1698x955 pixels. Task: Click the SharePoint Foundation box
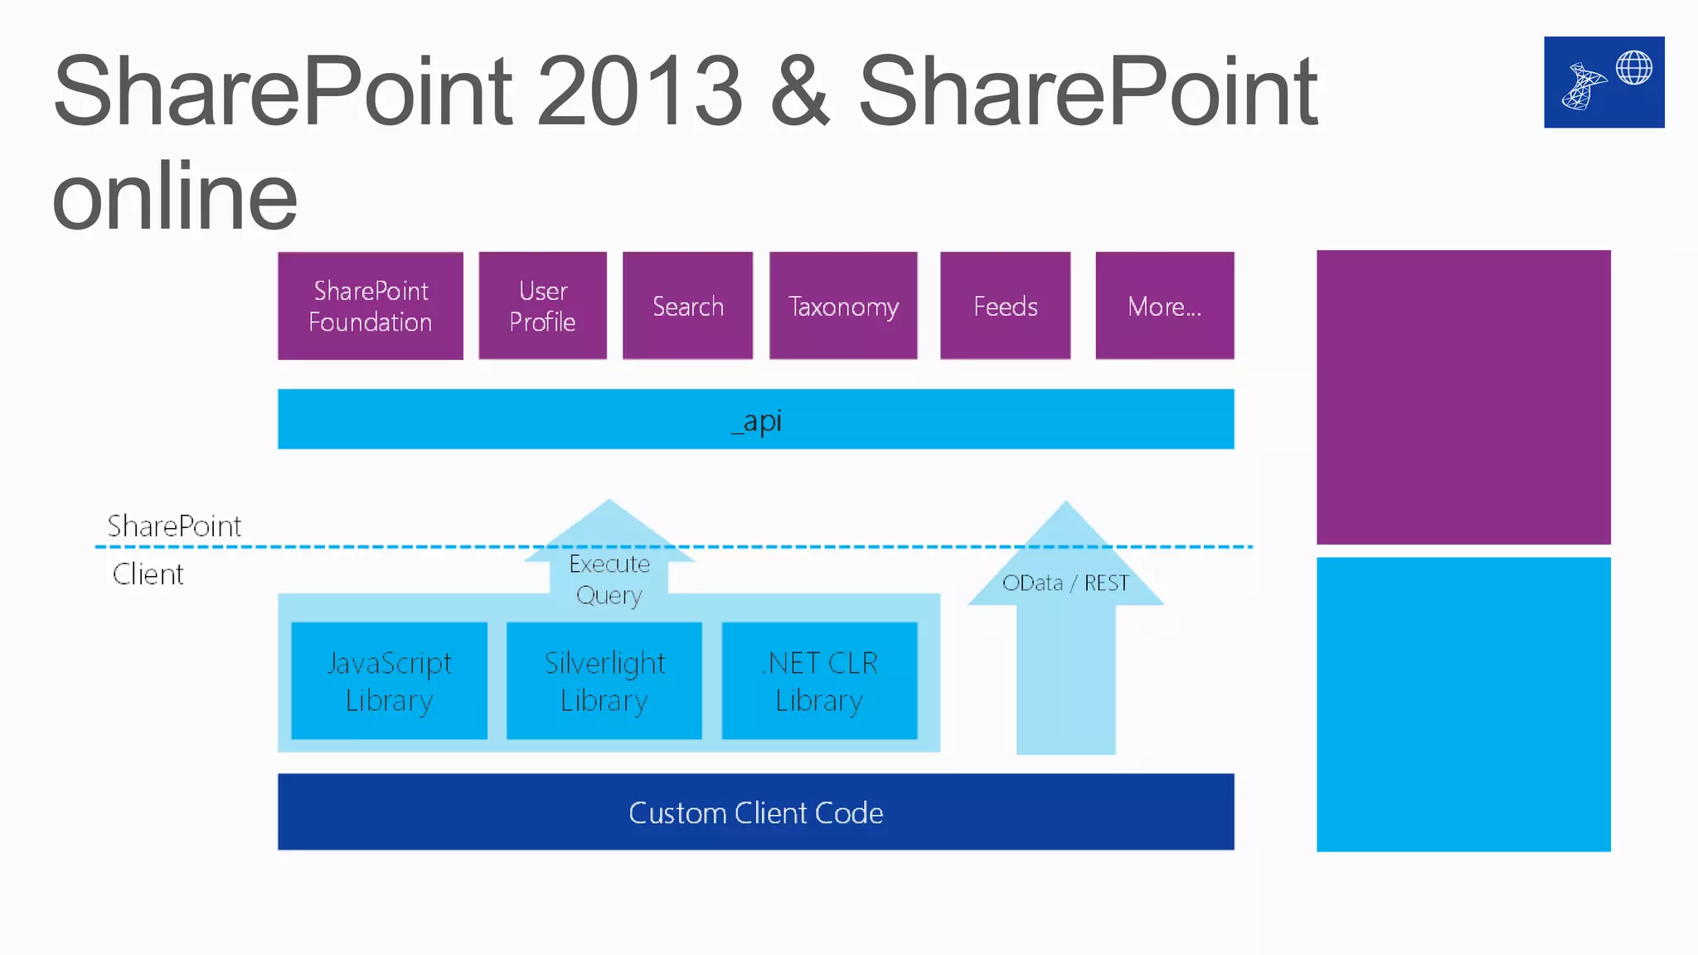[371, 306]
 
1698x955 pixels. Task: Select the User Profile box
[543, 306]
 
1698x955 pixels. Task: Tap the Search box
[688, 306]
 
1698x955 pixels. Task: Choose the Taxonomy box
[843, 306]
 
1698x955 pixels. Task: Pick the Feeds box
[1006, 306]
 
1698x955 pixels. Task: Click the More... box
[1165, 306]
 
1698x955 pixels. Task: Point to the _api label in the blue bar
[756, 420]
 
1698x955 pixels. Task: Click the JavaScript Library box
[390, 681]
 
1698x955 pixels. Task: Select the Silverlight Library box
[604, 681]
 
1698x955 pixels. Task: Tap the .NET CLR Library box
[820, 681]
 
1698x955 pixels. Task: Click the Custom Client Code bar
[756, 812]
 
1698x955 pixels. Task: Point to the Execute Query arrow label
[609, 579]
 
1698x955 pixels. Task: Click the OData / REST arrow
[1065, 630]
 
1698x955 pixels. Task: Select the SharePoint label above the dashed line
[174, 526]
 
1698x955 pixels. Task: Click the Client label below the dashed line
[148, 574]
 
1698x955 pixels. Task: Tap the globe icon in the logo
[1634, 68]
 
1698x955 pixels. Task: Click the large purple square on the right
[1463, 397]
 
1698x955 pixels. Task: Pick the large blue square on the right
[1463, 704]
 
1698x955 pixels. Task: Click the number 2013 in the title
[639, 90]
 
